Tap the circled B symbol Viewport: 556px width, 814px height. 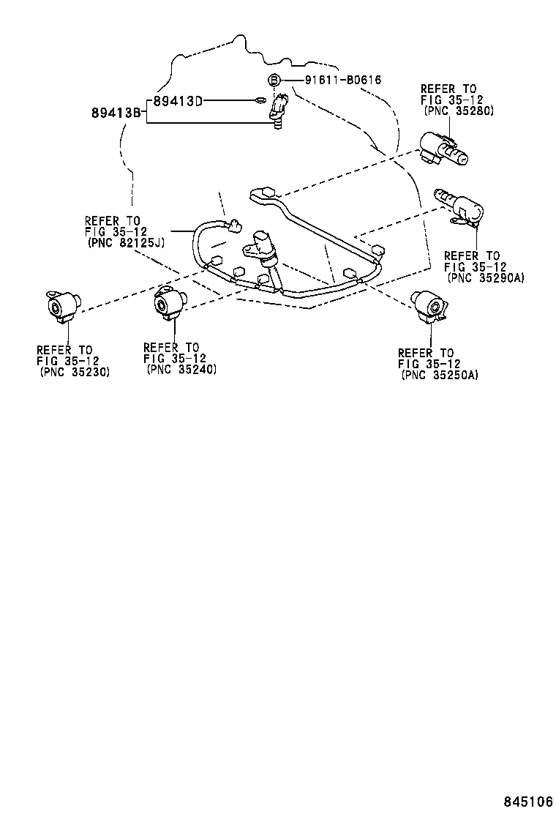click(273, 80)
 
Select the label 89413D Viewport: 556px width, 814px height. click(177, 101)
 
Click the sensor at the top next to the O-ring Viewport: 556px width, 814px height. click(279, 110)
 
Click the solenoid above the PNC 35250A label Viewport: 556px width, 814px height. click(429, 306)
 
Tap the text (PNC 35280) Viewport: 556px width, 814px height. click(459, 111)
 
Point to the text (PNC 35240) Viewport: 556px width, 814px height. click(181, 370)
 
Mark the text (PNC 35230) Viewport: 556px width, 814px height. click(74, 372)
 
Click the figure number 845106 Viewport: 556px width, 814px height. click(527, 800)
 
